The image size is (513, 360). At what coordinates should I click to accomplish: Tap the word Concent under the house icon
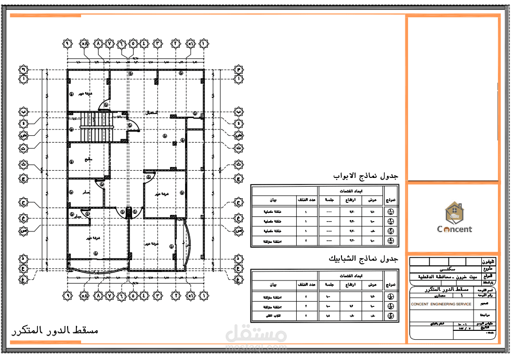click(x=454, y=229)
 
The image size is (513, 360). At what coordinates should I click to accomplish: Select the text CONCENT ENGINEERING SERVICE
click(x=441, y=304)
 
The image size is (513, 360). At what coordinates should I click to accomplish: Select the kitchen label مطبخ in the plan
click(x=88, y=160)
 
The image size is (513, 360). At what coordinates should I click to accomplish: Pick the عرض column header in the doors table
click(x=372, y=200)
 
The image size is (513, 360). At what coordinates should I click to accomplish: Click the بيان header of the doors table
click(x=273, y=200)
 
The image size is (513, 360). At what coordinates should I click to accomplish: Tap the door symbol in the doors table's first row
click(x=391, y=212)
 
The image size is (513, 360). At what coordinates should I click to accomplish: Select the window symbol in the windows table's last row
click(x=391, y=316)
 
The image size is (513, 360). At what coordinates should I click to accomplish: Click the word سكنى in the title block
click(x=445, y=269)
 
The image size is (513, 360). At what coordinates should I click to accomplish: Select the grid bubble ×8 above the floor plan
click(x=85, y=44)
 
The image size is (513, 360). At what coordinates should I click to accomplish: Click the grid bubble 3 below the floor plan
click(x=157, y=295)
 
